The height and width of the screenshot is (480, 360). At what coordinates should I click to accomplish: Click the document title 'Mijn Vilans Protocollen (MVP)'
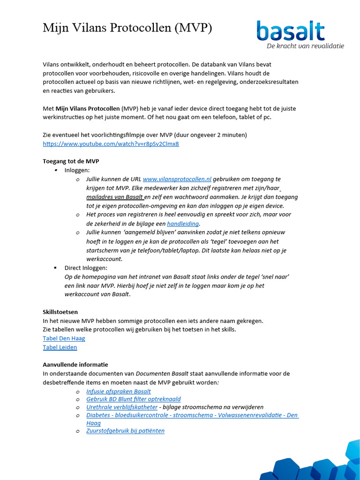[x=127, y=28]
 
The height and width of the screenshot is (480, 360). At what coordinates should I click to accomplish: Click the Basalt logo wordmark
[x=291, y=31]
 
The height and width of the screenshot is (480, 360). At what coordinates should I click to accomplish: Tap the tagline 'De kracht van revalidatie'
[x=305, y=46]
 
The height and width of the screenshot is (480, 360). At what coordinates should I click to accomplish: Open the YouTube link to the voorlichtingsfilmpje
[x=111, y=143]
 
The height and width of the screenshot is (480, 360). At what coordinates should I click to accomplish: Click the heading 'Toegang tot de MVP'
[x=71, y=161]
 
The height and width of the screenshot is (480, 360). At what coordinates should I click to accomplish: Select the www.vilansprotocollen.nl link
[x=177, y=179]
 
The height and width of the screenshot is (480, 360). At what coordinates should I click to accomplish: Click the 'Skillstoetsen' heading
[x=60, y=312]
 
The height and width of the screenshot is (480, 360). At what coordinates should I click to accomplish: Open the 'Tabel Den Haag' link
[x=64, y=338]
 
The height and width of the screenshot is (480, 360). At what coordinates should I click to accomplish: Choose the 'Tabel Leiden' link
[x=60, y=347]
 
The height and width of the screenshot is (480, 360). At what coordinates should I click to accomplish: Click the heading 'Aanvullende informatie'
[x=75, y=365]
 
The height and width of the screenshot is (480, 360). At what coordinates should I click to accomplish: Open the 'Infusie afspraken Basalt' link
[x=119, y=391]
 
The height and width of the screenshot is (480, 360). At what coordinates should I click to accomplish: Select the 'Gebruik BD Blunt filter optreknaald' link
[x=134, y=399]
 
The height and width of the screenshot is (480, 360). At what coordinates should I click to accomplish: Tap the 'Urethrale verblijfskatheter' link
[x=121, y=407]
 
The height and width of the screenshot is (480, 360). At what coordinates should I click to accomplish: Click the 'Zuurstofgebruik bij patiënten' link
[x=125, y=431]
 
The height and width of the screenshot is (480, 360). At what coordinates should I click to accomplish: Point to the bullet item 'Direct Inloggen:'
[x=86, y=268]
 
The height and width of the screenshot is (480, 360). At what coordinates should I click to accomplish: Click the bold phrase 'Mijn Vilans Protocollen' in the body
[x=88, y=109]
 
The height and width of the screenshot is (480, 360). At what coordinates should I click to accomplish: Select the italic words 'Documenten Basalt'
[x=162, y=374]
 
